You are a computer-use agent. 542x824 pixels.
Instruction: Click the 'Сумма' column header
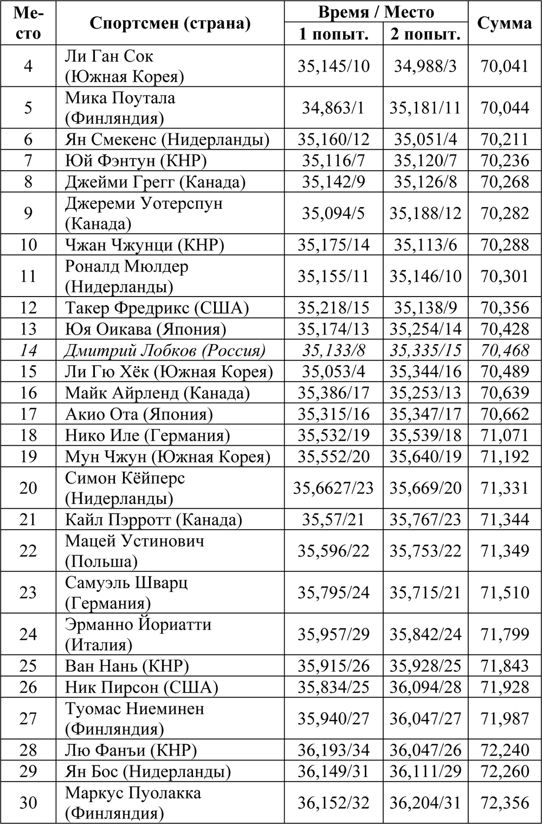[505, 23]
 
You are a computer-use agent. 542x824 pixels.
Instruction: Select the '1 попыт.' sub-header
[333, 34]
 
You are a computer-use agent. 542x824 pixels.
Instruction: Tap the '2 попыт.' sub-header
[425, 34]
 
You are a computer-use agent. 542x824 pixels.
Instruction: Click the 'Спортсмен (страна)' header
[170, 23]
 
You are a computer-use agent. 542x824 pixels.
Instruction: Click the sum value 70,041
[505, 66]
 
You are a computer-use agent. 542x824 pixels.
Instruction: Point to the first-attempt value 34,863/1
[333, 108]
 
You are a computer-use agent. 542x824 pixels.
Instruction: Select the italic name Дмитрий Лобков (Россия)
[165, 351]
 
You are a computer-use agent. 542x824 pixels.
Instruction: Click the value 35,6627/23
[333, 488]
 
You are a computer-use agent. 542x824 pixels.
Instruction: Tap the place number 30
[28, 803]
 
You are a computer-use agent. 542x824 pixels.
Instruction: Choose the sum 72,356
[505, 803]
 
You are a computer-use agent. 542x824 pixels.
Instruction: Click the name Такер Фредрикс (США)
[157, 308]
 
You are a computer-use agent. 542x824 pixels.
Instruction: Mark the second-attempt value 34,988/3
[425, 66]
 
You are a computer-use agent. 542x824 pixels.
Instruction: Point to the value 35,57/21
[333, 520]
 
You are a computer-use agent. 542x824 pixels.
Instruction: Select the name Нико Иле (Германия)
[147, 435]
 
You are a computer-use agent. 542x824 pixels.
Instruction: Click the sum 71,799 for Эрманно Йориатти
[505, 634]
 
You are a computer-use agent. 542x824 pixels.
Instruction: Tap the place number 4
[28, 66]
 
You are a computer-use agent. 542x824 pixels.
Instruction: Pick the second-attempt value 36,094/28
[425, 687]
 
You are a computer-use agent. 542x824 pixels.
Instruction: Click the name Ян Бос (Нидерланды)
[148, 771]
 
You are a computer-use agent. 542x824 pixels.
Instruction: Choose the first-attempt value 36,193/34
[333, 750]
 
